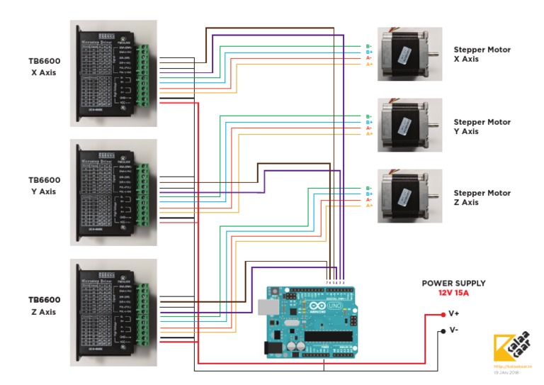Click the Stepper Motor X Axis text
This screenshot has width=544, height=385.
tap(482, 55)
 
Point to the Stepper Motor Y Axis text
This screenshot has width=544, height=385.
tap(482, 126)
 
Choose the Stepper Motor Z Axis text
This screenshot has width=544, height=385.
tap(482, 197)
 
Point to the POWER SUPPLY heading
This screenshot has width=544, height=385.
tap(453, 283)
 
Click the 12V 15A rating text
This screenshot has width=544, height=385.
tap(453, 293)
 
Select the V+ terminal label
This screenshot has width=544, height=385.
tap(454, 313)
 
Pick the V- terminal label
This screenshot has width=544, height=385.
tap(454, 330)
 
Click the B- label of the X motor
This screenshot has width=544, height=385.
tap(368, 46)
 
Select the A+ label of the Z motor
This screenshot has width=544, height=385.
tap(368, 206)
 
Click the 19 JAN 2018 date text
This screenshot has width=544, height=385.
tap(506, 372)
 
